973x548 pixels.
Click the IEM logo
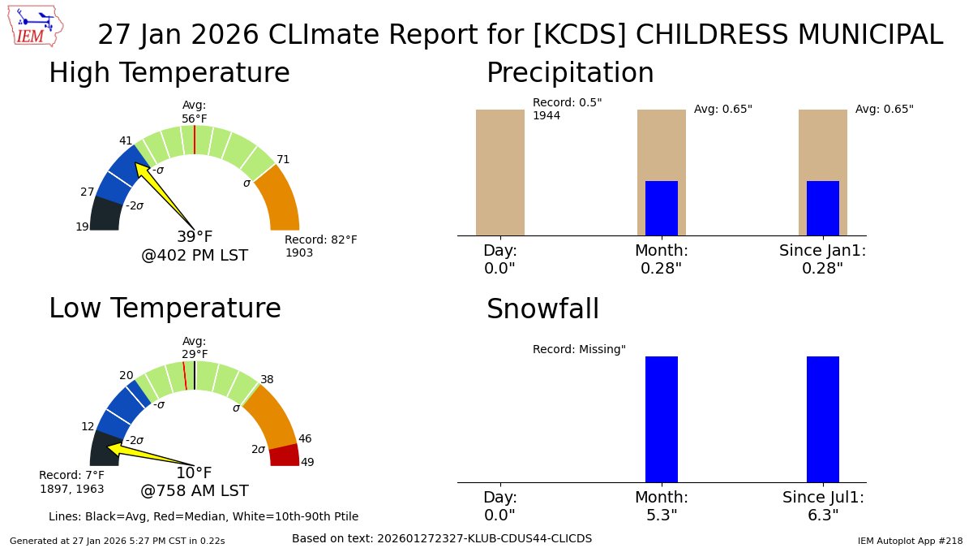(36, 26)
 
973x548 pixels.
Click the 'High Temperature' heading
(169, 73)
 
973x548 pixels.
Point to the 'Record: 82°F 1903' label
(320, 246)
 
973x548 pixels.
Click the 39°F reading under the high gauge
(195, 237)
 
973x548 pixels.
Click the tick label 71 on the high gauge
(283, 159)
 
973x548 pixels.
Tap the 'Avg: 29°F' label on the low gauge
(195, 347)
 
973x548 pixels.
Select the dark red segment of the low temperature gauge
(284, 455)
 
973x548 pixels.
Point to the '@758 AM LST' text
(195, 491)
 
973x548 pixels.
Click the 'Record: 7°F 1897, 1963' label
(71, 481)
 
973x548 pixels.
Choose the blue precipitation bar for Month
(662, 209)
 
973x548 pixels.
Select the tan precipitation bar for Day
(500, 172)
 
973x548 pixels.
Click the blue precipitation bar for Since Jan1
(823, 209)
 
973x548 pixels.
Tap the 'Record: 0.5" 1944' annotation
(567, 109)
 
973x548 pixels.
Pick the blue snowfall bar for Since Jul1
(823, 419)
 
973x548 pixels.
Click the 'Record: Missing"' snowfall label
(579, 349)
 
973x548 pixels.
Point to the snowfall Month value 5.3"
(662, 515)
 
